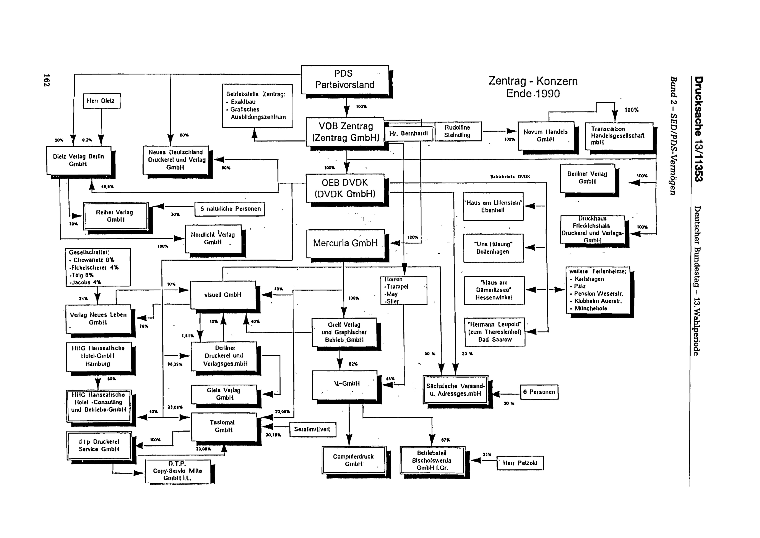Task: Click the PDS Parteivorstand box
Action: [345, 80]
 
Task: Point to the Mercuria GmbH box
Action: [345, 243]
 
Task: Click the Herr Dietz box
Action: [101, 101]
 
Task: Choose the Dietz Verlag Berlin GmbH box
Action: [78, 160]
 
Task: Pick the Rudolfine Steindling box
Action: [458, 131]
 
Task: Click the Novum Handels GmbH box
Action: [546, 136]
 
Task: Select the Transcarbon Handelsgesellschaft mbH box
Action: [618, 136]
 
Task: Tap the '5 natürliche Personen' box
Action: [230, 209]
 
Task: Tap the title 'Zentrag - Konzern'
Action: [533, 81]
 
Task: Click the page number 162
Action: [47, 80]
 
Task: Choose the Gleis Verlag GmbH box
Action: [224, 394]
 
